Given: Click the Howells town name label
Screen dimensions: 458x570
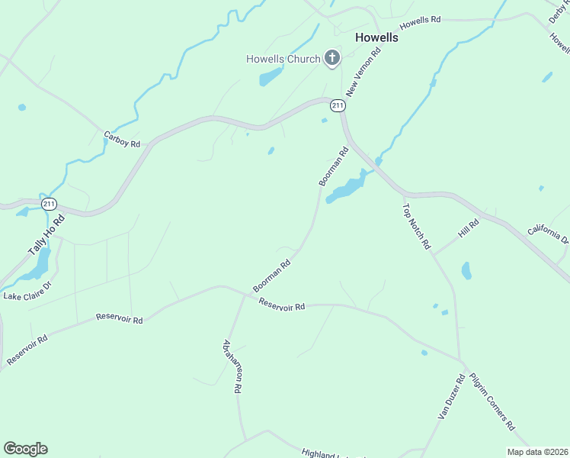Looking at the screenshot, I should click(376, 37).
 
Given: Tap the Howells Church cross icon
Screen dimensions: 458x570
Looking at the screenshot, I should click(332, 57).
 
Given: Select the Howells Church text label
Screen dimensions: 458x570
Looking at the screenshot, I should click(283, 59).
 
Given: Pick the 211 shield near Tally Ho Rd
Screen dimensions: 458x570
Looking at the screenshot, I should click(49, 204).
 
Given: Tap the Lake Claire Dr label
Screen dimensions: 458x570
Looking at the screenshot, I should click(27, 290).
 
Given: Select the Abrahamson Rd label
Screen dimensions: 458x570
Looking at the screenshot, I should click(232, 366).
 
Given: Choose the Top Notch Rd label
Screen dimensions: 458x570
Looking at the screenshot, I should click(416, 227).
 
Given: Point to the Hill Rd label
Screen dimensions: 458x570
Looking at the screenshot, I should click(468, 226).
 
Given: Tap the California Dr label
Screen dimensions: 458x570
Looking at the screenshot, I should click(548, 233).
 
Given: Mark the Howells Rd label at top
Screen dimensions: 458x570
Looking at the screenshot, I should click(421, 22).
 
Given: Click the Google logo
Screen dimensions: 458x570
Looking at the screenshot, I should click(25, 449).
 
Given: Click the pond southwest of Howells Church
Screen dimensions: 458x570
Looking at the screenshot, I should click(271, 77).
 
